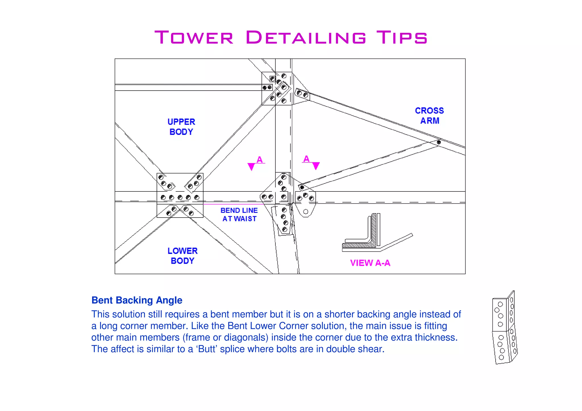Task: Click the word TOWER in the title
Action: (x=194, y=37)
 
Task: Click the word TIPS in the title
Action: (x=402, y=37)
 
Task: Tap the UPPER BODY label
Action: (x=181, y=127)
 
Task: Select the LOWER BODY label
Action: (x=182, y=256)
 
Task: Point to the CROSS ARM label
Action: (x=429, y=115)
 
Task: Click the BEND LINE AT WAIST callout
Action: (x=239, y=214)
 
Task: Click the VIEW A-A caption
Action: (x=370, y=263)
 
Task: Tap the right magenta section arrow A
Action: (x=316, y=165)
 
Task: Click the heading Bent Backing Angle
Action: (x=137, y=300)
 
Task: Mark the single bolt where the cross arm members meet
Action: (x=439, y=142)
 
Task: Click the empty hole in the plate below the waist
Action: (x=305, y=212)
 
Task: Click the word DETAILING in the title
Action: (x=306, y=37)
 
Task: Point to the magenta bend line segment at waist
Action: (x=233, y=204)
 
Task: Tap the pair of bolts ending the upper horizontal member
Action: (x=267, y=87)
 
